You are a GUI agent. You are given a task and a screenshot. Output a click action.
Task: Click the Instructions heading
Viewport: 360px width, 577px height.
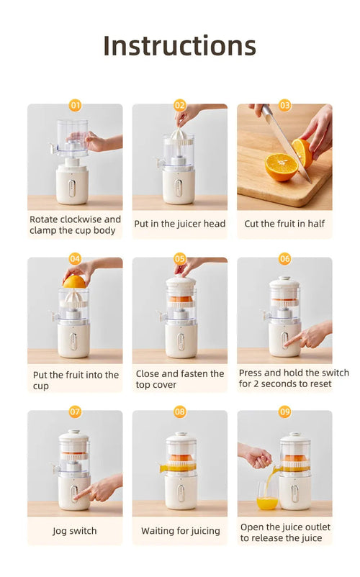click(x=179, y=45)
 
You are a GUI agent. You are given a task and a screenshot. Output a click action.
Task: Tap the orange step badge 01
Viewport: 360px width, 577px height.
click(x=75, y=105)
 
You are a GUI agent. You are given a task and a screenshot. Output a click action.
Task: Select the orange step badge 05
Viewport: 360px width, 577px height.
click(x=180, y=258)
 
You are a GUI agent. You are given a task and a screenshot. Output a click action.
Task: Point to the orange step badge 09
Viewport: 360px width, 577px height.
click(x=285, y=412)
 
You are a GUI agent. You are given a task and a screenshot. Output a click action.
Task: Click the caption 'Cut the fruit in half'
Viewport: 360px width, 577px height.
click(x=284, y=224)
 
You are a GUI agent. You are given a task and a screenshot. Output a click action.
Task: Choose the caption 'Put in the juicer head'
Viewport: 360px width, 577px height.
click(x=180, y=224)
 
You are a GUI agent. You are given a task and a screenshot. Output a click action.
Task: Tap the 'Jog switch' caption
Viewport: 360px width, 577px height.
click(x=75, y=531)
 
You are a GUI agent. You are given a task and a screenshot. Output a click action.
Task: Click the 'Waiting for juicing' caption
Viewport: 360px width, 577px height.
click(x=180, y=531)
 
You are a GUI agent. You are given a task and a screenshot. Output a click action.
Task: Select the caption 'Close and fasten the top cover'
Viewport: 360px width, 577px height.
click(x=180, y=379)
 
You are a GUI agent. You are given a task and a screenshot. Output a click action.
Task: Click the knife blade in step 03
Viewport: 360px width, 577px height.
click(x=283, y=140)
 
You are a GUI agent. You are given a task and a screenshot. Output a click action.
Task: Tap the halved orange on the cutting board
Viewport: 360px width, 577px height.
click(x=281, y=167)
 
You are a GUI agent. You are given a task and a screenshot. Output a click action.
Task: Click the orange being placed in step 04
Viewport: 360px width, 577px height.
click(x=74, y=282)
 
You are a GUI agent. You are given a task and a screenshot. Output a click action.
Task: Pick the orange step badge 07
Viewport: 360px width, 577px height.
click(x=75, y=412)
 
